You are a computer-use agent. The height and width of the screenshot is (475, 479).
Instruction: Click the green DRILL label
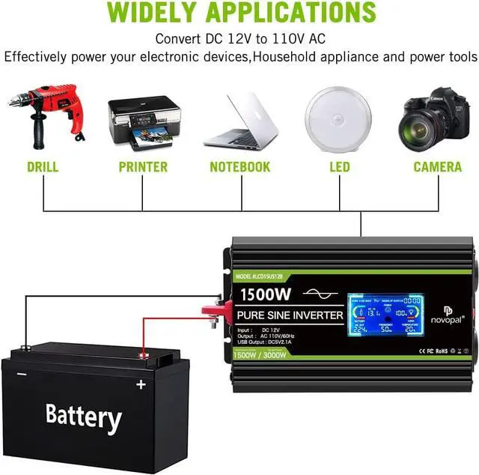pos(42,167)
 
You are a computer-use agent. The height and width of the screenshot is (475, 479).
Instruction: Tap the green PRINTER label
pos(143,167)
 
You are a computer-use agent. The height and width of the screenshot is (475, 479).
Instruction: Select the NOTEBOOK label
pos(239,167)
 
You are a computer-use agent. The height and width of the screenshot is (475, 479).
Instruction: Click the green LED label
pos(340,167)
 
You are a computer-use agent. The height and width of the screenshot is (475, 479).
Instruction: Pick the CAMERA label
pos(438,167)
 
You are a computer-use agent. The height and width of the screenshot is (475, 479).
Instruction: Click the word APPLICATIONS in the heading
pos(303,12)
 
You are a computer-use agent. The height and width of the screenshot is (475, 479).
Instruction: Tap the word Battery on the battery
pos(83,417)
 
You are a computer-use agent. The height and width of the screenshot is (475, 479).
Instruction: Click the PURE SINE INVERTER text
pos(280,315)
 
